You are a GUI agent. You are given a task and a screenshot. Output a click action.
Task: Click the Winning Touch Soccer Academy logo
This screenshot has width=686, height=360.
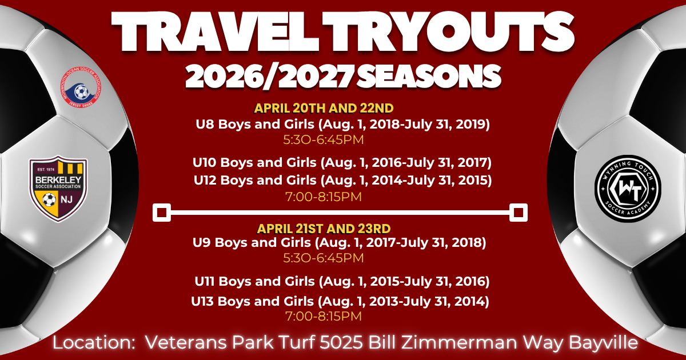tap(627, 186)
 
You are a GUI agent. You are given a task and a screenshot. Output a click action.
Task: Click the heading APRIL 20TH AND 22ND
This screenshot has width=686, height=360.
tap(324, 108)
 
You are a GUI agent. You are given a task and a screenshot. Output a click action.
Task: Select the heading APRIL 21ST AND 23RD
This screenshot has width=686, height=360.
tap(324, 229)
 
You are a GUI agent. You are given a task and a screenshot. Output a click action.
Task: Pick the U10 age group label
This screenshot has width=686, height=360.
tap(205, 163)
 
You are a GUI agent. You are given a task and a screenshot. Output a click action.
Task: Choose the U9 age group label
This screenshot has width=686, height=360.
tap(203, 243)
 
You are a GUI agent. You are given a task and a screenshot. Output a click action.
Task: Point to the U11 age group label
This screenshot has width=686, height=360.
tap(204, 282)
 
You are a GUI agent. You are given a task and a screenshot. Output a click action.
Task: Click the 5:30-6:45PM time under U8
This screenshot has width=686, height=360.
tap(324, 139)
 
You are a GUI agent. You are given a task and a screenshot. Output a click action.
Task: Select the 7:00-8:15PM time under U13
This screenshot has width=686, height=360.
tap(324, 315)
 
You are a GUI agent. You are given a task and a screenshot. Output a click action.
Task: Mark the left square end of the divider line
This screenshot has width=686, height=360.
tap(162, 213)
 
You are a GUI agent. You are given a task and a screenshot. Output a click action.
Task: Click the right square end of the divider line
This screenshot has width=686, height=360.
tap(519, 213)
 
